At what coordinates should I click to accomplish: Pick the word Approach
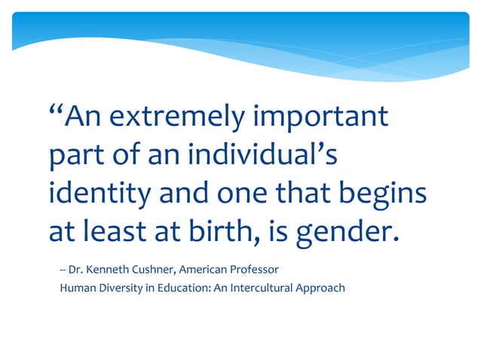(323, 288)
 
